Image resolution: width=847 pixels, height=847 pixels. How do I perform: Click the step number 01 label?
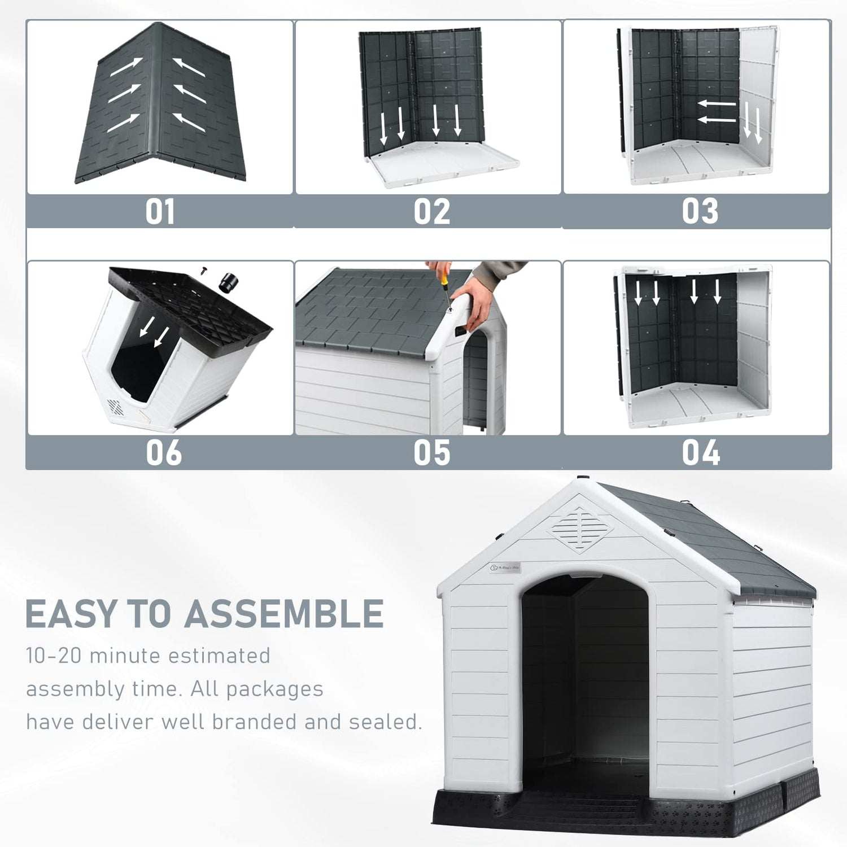pyautogui.click(x=160, y=212)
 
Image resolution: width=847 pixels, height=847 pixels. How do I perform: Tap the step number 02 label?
pyautogui.click(x=431, y=212)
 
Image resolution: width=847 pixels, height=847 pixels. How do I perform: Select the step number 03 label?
pyautogui.click(x=700, y=212)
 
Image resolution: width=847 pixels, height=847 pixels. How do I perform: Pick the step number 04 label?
pyautogui.click(x=700, y=452)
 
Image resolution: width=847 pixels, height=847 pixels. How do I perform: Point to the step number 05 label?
pyautogui.click(x=431, y=452)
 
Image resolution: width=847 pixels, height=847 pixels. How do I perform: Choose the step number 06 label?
pyautogui.click(x=164, y=452)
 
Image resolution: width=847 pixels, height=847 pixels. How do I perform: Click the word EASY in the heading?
pyautogui.click(x=71, y=614)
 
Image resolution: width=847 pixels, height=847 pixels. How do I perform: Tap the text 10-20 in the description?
pyautogui.click(x=54, y=656)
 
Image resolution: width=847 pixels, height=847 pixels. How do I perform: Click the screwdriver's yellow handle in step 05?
pyautogui.click(x=445, y=278)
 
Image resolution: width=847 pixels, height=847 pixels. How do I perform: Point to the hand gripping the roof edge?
pyautogui.click(x=473, y=302)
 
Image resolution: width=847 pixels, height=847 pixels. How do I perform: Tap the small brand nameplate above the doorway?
pyautogui.click(x=505, y=567)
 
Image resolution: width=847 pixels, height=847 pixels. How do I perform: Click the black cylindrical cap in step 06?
pyautogui.click(x=229, y=282)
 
